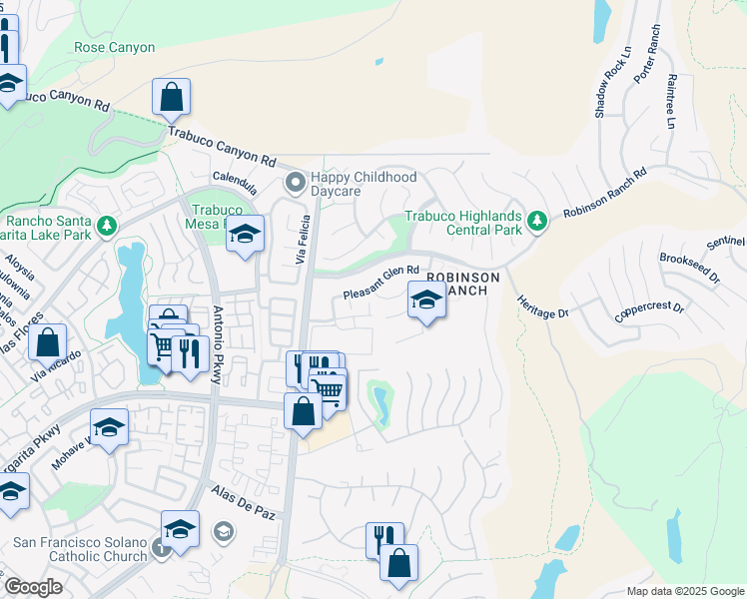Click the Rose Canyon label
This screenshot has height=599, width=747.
pos(115,47)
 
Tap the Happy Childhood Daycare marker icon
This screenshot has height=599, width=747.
pos(295,183)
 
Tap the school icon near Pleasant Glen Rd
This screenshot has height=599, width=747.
pos(426,299)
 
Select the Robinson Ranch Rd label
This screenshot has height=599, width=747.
pos(605,194)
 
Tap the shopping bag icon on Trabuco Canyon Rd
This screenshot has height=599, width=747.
pos(172,98)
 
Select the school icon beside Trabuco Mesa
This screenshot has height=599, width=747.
pos(245,236)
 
